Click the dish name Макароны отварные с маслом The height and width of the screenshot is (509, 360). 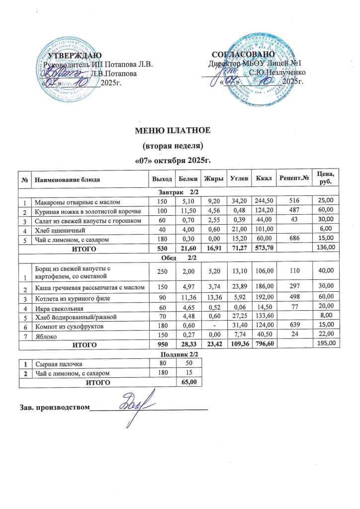[x=77, y=202]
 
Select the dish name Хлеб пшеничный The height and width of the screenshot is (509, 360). [x=55, y=231]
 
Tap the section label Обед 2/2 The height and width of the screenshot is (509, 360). [x=179, y=256]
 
